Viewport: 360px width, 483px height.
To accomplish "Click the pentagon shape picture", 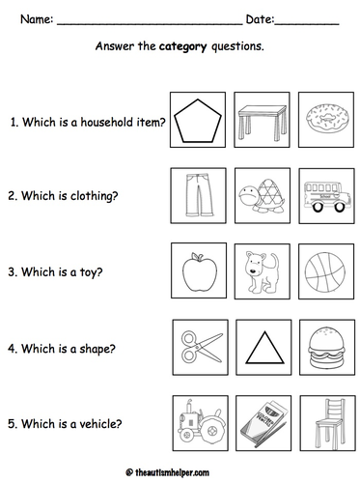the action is click(x=198, y=121).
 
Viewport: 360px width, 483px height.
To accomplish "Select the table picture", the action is click(x=263, y=123).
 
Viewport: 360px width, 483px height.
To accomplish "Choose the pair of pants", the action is click(x=199, y=195).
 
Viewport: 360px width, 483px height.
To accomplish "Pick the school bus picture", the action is click(x=326, y=196).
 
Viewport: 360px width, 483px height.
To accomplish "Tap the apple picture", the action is click(x=200, y=272).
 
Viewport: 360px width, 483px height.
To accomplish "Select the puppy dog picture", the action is click(x=263, y=270).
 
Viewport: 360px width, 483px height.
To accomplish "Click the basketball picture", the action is click(x=325, y=272).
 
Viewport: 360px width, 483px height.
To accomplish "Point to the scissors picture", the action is click(x=202, y=347).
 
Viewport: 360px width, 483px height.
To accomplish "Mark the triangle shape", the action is click(x=264, y=348).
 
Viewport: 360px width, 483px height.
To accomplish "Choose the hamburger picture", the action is click(x=327, y=347).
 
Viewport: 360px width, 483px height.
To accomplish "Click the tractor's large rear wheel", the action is click(x=211, y=430).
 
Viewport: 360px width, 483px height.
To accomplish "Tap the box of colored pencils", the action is click(x=263, y=424).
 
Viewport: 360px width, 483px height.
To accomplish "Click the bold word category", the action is click(x=182, y=46).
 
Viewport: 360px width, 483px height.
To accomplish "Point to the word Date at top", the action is click(x=260, y=19).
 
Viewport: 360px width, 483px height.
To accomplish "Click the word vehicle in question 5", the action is click(x=100, y=424).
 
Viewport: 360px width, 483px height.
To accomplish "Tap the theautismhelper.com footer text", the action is click(x=172, y=472).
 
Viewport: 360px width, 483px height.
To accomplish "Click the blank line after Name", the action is click(x=150, y=23).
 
